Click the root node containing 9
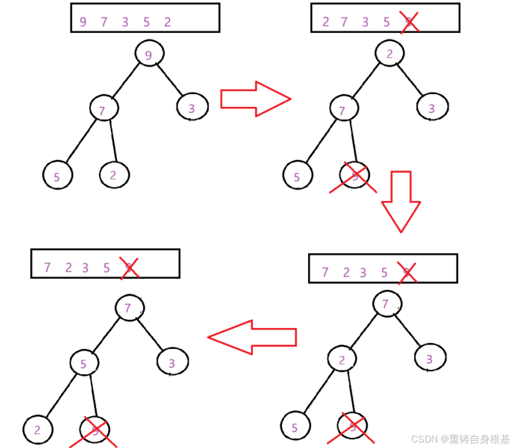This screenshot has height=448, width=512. (x=149, y=55)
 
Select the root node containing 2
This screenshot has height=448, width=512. (x=390, y=55)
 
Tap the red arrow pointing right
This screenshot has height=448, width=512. (x=255, y=98)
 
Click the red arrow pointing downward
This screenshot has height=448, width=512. (x=400, y=202)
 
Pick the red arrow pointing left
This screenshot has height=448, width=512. (x=252, y=337)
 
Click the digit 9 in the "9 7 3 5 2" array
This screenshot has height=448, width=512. (x=83, y=22)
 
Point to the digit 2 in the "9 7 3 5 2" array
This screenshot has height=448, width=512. (x=167, y=22)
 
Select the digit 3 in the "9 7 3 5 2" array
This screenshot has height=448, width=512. (x=125, y=22)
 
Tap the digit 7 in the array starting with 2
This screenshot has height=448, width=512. (x=344, y=22)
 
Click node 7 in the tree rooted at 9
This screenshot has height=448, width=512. (x=103, y=109)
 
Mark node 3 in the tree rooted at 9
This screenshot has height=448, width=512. (x=192, y=108)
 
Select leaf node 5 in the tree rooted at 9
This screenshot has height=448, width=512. (x=58, y=176)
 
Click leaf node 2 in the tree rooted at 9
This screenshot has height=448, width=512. (x=114, y=175)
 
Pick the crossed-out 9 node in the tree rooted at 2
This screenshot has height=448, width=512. (x=354, y=176)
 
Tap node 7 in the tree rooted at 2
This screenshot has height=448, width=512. (x=344, y=110)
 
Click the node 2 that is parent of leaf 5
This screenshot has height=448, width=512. (x=342, y=360)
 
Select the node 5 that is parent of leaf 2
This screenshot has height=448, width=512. (x=84, y=363)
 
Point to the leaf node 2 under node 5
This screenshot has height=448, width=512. (x=37, y=429)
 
